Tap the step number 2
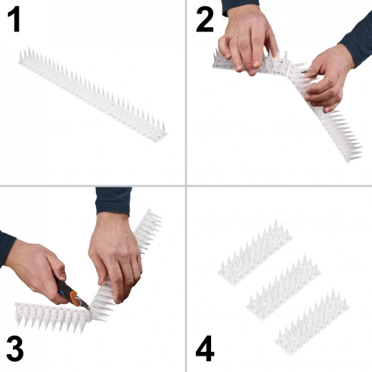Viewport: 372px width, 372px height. [205, 20]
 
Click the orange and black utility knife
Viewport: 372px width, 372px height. [72, 293]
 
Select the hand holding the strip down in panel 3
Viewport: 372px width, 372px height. [114, 250]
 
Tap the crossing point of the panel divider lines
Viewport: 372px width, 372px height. [187, 187]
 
